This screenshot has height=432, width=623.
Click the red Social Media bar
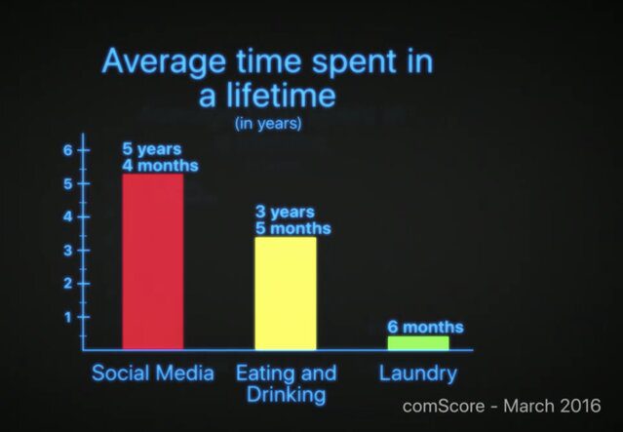[x=153, y=262]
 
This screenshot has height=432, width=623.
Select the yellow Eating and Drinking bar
[x=286, y=294]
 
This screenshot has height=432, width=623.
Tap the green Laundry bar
[x=418, y=343]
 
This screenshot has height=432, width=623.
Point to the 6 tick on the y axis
[x=68, y=150]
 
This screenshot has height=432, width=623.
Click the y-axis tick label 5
[x=68, y=184]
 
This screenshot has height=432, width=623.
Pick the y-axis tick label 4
[x=68, y=217]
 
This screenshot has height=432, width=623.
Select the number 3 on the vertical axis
[x=68, y=251]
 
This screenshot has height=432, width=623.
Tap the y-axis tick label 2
[x=68, y=284]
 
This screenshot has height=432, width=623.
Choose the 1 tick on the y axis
[x=68, y=317]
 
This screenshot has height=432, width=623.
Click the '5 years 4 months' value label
[x=160, y=157]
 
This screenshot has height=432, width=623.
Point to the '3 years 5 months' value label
[x=292, y=220]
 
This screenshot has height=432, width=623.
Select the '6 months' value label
[x=425, y=327]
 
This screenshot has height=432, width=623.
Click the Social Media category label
[x=153, y=373]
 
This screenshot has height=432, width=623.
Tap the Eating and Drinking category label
[x=286, y=384]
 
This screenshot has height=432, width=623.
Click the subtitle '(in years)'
[x=268, y=124]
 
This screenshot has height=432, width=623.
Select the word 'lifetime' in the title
[x=282, y=95]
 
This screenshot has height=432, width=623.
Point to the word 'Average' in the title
[x=164, y=62]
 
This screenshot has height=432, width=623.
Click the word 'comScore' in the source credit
[x=444, y=407]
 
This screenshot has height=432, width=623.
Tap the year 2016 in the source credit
[x=580, y=407]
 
